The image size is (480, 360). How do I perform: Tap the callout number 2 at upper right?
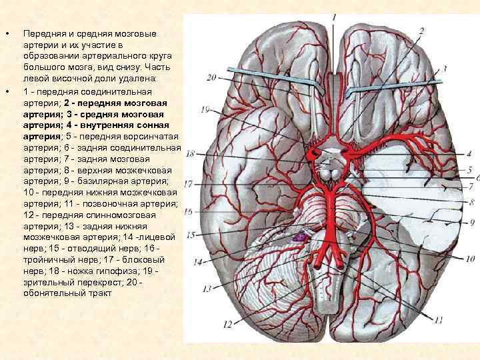coord(421,31)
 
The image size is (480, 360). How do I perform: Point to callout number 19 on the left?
coord(204,109)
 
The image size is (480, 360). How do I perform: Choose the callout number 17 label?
coord(189,183)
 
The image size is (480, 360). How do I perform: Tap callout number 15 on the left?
coord(191,235)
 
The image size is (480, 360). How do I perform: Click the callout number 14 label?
coord(197,262)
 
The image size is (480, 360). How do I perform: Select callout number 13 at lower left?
coord(207,288)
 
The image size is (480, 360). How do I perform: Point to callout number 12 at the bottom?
coord(227,324)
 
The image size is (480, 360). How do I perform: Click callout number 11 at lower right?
coord(437,320)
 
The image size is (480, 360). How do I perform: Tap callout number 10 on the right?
coord(470,258)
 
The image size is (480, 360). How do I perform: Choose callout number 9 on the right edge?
coord(472,222)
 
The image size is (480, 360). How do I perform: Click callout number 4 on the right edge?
coord(469,153)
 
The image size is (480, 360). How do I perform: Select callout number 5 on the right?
coord(469,169)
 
